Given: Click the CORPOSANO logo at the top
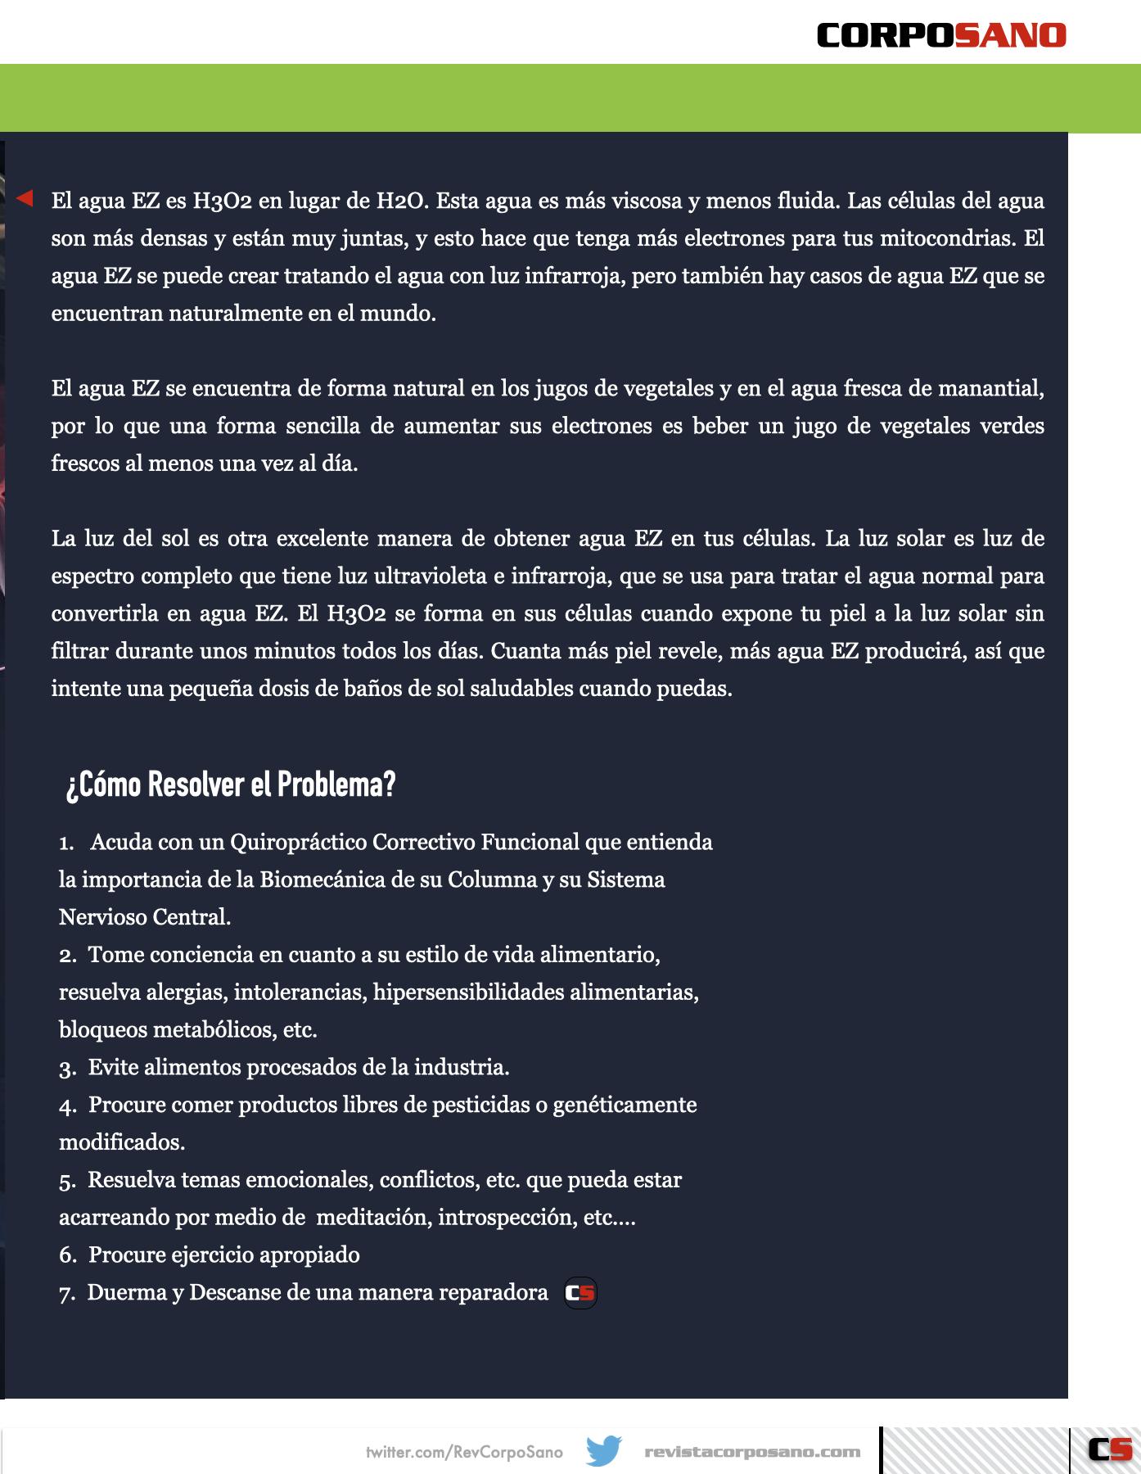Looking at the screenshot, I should coord(941,35).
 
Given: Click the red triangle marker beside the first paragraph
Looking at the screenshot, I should coord(25,198).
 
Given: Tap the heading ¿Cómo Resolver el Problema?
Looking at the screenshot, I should coord(231,784).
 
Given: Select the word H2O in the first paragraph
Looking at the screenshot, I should coord(402,201).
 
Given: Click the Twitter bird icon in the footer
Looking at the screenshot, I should coord(604,1451).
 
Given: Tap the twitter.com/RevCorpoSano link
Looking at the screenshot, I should coord(464,1452).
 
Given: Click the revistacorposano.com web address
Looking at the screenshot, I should coord(752,1452).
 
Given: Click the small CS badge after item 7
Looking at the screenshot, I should coord(580,1293).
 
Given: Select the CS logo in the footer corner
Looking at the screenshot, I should coord(1110,1449).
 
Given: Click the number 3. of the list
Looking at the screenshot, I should coord(67,1068).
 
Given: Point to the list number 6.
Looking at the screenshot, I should coord(67,1255).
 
